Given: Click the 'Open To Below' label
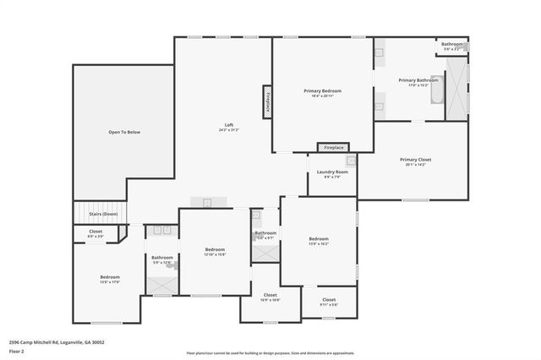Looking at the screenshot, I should click(123, 132).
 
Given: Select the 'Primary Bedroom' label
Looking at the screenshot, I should click(323, 90).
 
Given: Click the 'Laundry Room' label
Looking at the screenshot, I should click(332, 172).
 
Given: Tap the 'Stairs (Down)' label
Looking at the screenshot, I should click(104, 215).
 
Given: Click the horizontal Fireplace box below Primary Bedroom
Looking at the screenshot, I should click(333, 147).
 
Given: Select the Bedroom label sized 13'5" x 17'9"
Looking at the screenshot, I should click(110, 277).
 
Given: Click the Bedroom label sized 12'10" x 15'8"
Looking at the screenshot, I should click(215, 249).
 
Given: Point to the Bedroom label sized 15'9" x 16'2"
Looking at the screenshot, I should click(319, 239).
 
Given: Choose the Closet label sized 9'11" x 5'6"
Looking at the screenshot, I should click(329, 299).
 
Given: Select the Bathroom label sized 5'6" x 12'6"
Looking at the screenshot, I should click(162, 258).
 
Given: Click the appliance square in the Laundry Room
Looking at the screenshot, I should click(351, 161).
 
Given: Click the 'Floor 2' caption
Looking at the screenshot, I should click(17, 351).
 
